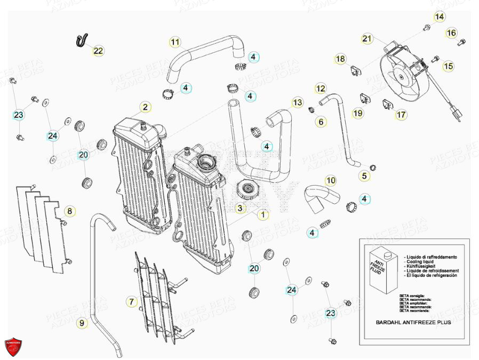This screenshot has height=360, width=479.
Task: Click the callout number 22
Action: point(99,51)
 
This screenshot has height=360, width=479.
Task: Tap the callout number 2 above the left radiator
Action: point(145,107)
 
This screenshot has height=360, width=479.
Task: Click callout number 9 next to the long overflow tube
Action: point(82,323)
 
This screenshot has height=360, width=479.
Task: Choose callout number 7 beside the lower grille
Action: point(132,302)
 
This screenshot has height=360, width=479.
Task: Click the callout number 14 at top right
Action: point(438,17)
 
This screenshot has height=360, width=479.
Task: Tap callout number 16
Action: point(451,33)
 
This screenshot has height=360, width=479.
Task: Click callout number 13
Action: point(297,102)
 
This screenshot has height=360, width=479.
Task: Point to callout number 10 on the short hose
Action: point(331,181)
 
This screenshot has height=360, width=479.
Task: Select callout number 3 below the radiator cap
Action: point(241,208)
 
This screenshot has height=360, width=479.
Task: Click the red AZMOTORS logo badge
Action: point(14,347)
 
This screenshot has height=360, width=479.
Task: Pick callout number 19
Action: point(357,113)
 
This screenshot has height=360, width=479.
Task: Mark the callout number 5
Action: point(365,175)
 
